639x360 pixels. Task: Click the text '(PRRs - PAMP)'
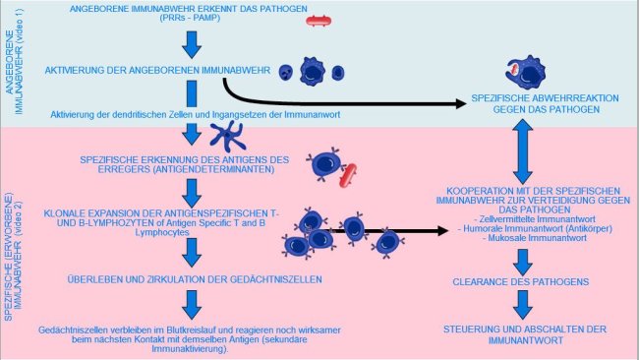point(192,21)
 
